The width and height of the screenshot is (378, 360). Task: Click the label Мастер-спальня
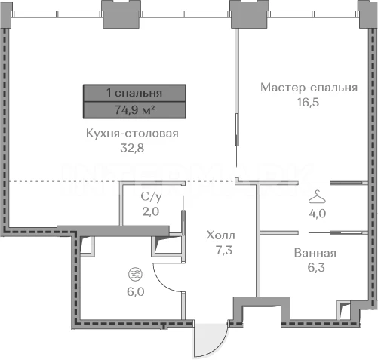point(309,88)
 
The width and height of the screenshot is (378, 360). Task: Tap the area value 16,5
point(308,103)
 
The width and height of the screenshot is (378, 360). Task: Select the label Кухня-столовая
point(132,134)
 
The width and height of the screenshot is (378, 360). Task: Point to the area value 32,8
point(132,148)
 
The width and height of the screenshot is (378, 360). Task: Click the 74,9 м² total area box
point(134,110)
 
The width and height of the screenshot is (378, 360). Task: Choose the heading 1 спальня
point(134,93)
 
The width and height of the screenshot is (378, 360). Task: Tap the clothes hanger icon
point(317,197)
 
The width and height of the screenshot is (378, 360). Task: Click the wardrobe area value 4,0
point(318,214)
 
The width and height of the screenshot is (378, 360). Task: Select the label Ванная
point(315,253)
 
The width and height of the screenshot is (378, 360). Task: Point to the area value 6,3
point(316,267)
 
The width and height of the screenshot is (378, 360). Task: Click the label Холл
point(221,235)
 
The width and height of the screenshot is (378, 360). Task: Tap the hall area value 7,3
point(224,250)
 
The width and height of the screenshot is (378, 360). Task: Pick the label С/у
point(151,197)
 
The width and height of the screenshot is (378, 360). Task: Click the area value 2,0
point(150,211)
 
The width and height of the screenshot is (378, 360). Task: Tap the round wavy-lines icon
point(135,274)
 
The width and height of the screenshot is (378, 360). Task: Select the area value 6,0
point(136,292)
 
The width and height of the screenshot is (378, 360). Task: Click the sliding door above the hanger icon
point(338,183)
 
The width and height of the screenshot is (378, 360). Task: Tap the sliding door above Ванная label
point(338,232)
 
